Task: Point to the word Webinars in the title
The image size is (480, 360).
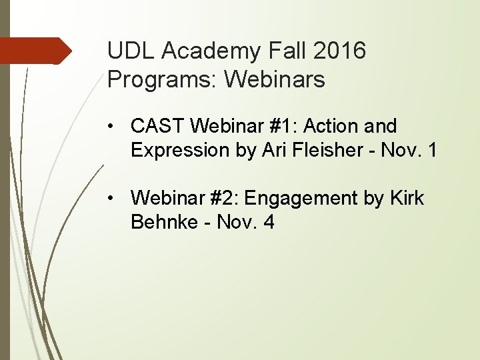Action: [x=275, y=80]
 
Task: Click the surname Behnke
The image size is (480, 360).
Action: [x=164, y=223]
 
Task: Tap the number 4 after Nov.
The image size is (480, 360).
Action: [x=269, y=223]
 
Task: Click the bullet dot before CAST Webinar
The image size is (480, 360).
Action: [x=116, y=126]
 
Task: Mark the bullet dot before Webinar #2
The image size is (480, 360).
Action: [x=116, y=199]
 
